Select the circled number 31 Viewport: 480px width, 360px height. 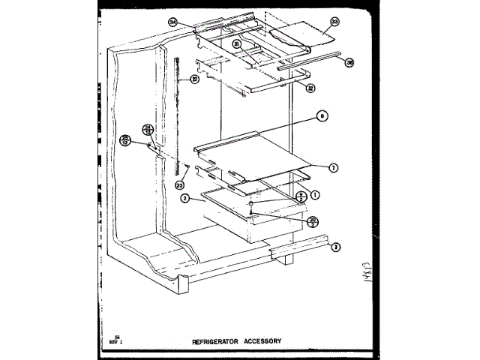pos(236,45)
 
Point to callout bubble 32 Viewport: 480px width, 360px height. pos(309,87)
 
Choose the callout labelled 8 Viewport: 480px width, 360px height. pos(322,117)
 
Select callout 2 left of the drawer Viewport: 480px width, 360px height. pos(184,198)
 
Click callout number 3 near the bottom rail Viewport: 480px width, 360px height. pos(336,247)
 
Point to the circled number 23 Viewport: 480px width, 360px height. pos(179,184)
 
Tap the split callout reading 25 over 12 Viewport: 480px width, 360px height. pos(126,139)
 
